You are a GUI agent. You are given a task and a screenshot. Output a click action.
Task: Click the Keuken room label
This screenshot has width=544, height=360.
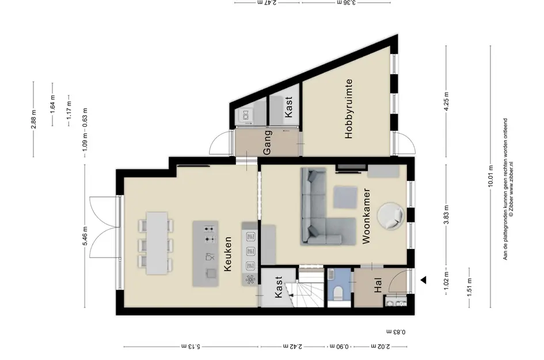(x=227, y=254)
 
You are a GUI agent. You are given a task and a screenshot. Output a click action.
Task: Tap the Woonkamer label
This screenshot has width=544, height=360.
(x=366, y=216)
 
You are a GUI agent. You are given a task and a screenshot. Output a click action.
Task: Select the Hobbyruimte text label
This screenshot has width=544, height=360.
(x=348, y=109)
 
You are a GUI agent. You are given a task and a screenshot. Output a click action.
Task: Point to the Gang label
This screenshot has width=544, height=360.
(x=267, y=143)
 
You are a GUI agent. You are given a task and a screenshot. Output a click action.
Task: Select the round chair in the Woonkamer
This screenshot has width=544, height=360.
(x=391, y=216)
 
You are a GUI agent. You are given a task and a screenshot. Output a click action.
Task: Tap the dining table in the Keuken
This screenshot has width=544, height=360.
(x=157, y=243)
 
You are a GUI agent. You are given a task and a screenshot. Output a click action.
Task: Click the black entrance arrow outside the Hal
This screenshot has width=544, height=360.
(x=423, y=280)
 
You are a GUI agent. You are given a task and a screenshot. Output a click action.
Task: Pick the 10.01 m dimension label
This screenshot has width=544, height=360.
(x=490, y=175)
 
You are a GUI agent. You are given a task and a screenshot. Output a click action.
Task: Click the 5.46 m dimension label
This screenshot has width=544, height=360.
(x=85, y=236)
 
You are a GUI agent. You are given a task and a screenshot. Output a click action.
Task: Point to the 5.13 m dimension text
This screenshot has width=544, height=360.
(x=191, y=346)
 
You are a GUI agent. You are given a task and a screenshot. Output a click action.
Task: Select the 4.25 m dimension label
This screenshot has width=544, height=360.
(x=447, y=101)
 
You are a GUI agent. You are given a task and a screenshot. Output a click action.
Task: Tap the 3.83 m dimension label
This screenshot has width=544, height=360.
(x=447, y=214)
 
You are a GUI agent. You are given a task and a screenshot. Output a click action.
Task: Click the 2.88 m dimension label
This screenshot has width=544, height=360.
(x=33, y=119)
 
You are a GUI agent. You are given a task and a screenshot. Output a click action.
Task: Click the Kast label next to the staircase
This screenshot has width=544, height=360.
(x=278, y=287)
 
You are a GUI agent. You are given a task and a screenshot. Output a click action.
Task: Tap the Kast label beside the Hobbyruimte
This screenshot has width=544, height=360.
(x=288, y=107)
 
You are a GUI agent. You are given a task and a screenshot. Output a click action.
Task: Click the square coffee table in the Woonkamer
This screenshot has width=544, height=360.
(x=345, y=198)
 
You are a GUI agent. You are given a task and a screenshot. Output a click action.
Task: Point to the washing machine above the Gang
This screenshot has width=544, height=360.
(x=245, y=116)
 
